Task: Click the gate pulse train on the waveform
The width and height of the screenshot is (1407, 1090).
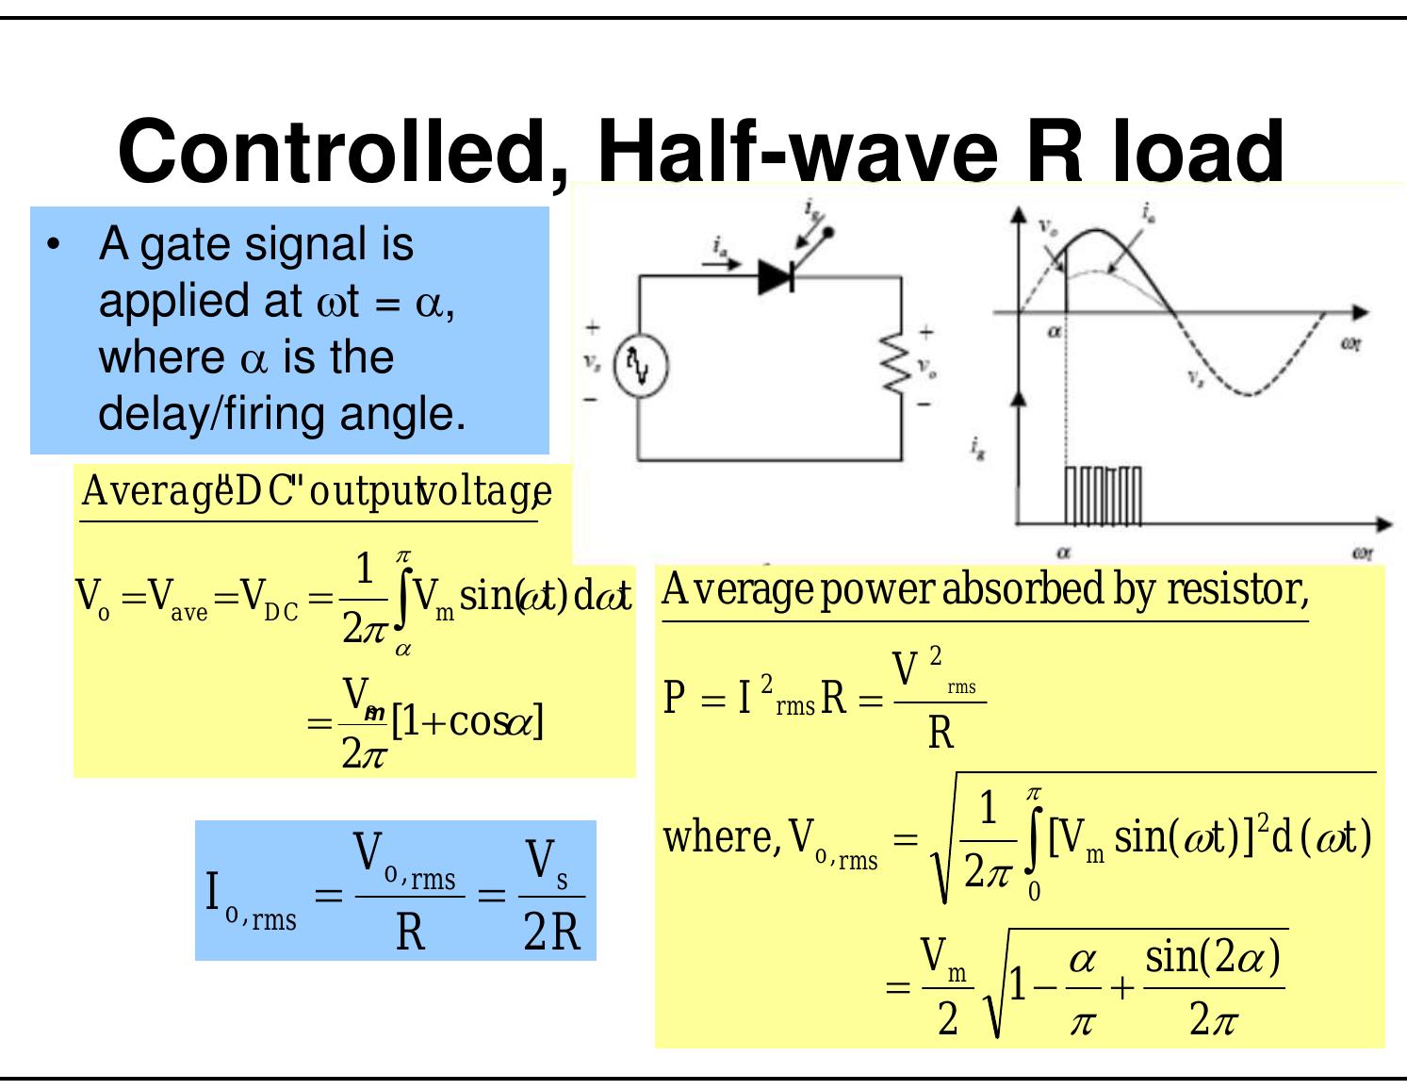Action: pyautogui.click(x=1103, y=495)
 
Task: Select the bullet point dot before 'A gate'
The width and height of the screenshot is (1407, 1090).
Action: pyautogui.click(x=54, y=245)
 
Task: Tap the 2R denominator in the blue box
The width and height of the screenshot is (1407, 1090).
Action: pyautogui.click(x=552, y=933)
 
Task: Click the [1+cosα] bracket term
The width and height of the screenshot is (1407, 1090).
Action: pyautogui.click(x=467, y=722)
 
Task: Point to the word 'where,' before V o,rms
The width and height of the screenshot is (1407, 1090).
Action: pyautogui.click(x=722, y=836)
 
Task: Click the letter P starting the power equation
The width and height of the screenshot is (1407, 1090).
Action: pyautogui.click(x=675, y=700)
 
